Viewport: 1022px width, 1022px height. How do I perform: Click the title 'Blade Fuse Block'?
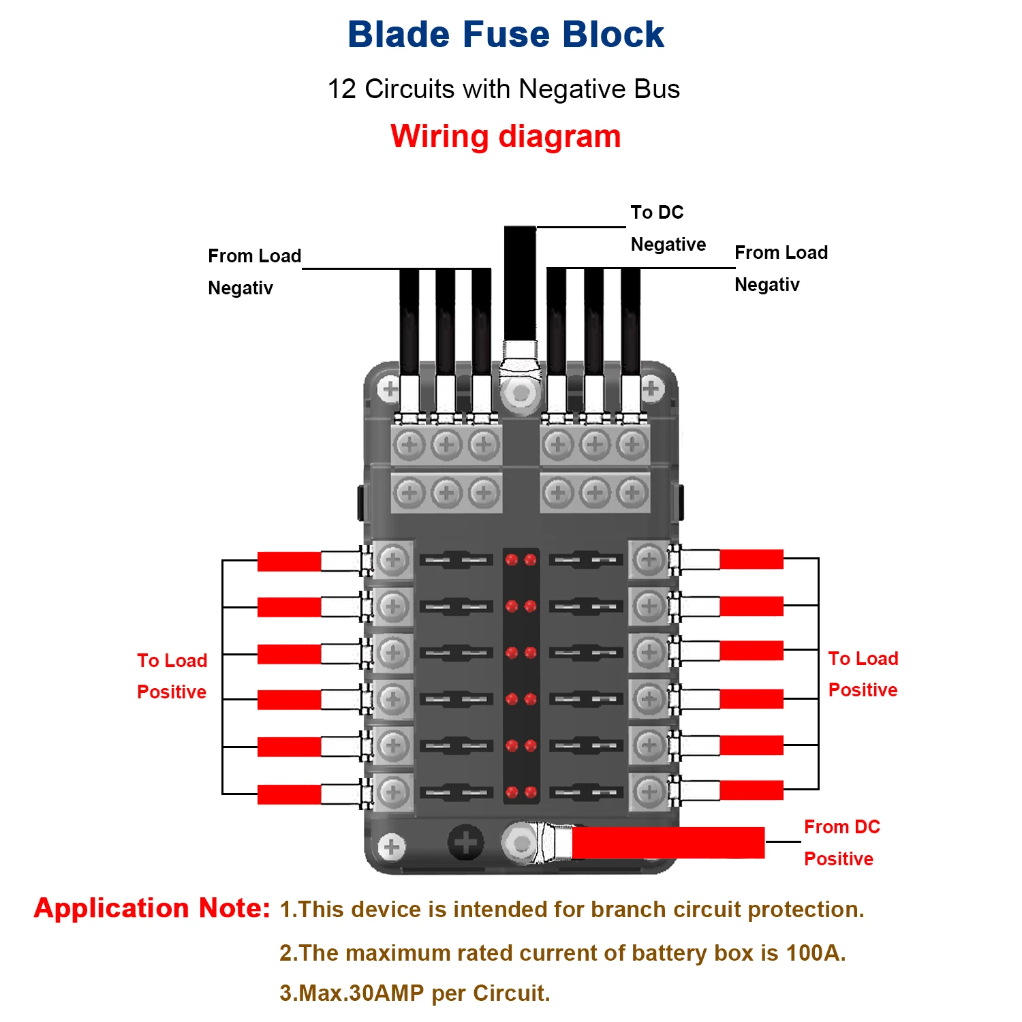pos(506,35)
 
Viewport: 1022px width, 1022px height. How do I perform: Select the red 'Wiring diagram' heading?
pos(506,136)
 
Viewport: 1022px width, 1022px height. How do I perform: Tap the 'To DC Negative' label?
pos(667,228)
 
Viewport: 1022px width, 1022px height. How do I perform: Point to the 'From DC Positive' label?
pos(841,843)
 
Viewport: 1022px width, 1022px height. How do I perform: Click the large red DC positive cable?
pos(668,843)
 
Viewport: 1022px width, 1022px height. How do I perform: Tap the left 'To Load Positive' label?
pos(172,676)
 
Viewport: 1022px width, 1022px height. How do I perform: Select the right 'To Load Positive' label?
pos(863,674)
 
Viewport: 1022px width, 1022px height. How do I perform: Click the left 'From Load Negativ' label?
pos(253,271)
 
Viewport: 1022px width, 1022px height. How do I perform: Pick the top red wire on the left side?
pos(289,561)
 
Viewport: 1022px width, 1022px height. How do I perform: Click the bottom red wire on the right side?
pos(752,790)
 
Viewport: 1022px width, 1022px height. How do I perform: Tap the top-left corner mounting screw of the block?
pos(390,390)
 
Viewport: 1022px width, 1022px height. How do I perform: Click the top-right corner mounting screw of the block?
pos(651,389)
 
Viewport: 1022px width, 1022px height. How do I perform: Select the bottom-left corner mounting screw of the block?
pos(391,847)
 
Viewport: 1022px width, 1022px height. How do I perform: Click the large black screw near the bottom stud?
pos(466,843)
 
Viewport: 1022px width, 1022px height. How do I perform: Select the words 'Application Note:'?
pos(152,908)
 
